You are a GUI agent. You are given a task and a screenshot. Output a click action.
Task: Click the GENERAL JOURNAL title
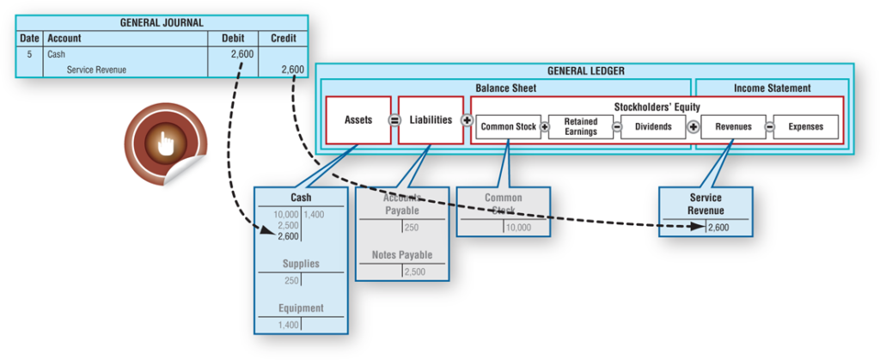[162, 22]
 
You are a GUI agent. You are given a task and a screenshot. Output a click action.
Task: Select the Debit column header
[233, 39]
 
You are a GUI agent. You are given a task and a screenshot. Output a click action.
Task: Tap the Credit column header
[283, 39]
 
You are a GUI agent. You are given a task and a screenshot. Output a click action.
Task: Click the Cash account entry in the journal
[57, 54]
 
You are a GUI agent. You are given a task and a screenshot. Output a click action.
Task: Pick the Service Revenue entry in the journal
[96, 70]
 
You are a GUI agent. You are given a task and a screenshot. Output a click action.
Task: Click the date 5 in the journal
[29, 54]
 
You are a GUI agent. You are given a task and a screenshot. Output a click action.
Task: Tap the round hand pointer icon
[165, 143]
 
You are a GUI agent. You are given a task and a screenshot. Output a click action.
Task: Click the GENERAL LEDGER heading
[585, 71]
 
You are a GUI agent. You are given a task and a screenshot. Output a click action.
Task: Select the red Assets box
[358, 120]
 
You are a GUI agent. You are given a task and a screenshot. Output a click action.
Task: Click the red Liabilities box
[431, 120]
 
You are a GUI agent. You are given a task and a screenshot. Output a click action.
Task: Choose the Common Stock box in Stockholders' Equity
[508, 127]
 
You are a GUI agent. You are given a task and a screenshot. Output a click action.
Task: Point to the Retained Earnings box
[581, 127]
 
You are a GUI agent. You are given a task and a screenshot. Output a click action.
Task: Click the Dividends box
[653, 127]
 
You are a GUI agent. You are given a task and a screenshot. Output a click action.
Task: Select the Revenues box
[732, 127]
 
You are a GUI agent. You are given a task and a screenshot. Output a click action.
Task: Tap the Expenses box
[805, 127]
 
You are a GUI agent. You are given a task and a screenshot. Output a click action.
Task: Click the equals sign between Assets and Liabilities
[395, 120]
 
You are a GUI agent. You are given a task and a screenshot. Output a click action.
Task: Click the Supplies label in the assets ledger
[301, 265]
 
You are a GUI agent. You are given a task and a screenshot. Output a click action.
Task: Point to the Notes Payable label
[402, 255]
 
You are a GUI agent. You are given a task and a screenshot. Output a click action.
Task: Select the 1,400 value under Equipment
[289, 325]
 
